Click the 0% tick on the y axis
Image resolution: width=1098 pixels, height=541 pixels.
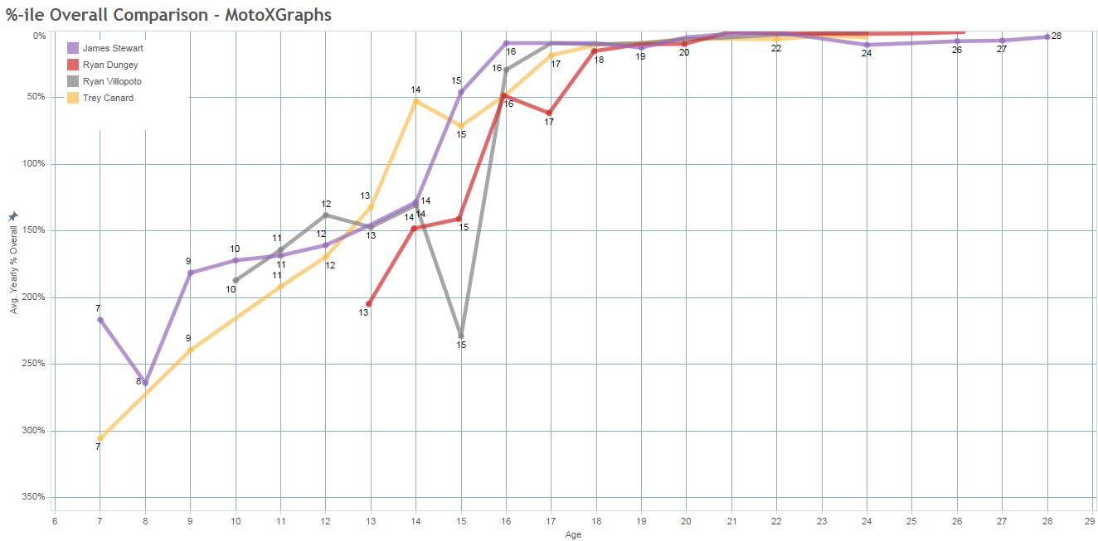click(39, 36)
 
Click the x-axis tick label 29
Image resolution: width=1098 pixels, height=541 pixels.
click(1089, 522)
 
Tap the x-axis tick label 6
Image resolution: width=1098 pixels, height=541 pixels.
click(55, 522)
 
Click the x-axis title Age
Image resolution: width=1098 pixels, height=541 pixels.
click(573, 535)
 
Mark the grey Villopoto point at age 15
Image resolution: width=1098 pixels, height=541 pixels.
click(461, 336)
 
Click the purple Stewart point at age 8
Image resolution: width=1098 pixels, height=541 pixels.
click(145, 383)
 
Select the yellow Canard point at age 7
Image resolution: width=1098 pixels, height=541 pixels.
click(100, 438)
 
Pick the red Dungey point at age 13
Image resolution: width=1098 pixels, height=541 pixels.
click(369, 303)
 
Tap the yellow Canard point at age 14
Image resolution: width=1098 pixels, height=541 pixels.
click(415, 101)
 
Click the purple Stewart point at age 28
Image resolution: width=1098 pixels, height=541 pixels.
click(1047, 36)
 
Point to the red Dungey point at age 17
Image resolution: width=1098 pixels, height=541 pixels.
click(549, 113)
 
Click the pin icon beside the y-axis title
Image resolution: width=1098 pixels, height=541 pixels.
click(12, 216)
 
